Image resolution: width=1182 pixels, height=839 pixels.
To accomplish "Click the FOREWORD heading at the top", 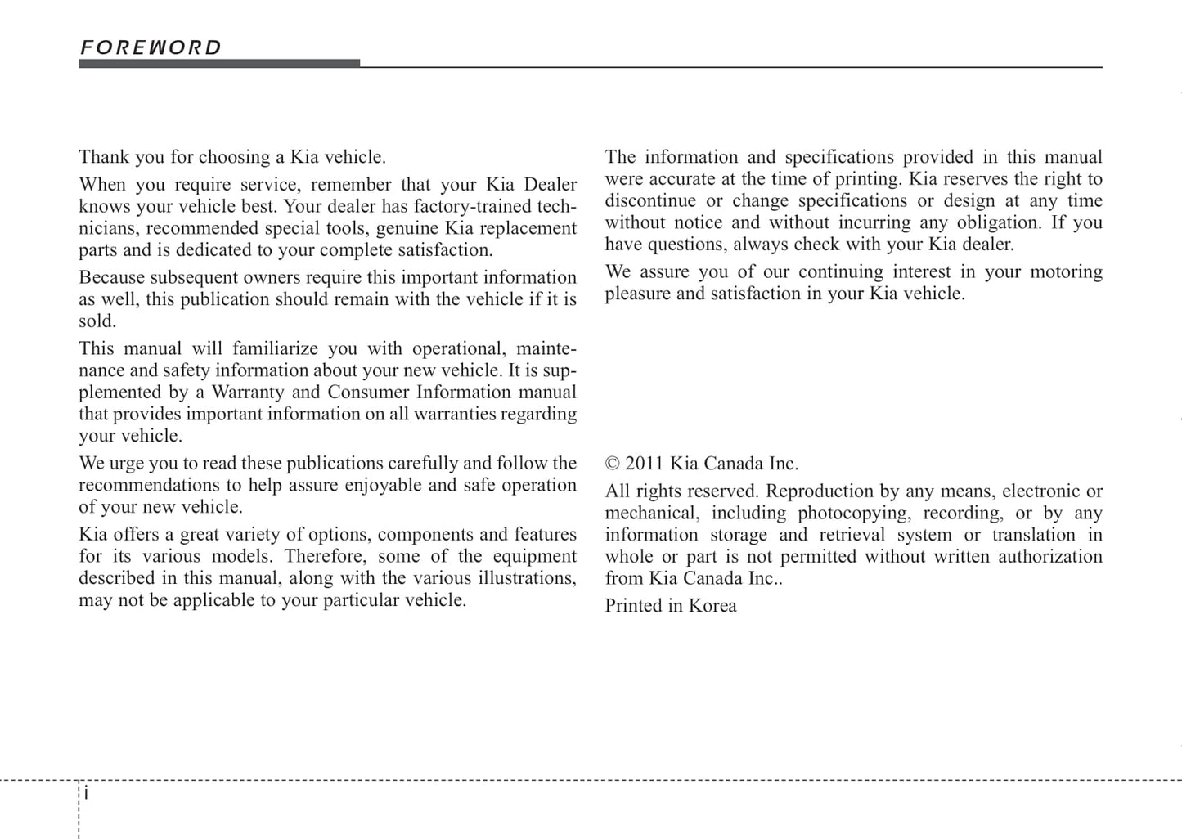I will point(151,47).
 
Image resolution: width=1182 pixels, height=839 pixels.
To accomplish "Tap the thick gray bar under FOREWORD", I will point(219,63).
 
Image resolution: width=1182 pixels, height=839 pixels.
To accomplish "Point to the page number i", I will point(87,793).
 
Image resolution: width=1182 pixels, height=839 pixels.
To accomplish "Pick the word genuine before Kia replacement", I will point(406,228).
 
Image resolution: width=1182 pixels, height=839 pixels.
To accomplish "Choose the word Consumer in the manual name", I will point(367,392).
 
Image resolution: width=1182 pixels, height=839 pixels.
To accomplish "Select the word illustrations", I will point(526,577).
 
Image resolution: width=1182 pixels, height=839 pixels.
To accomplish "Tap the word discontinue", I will point(651,200).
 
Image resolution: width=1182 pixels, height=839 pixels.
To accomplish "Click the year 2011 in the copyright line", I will point(645,464).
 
